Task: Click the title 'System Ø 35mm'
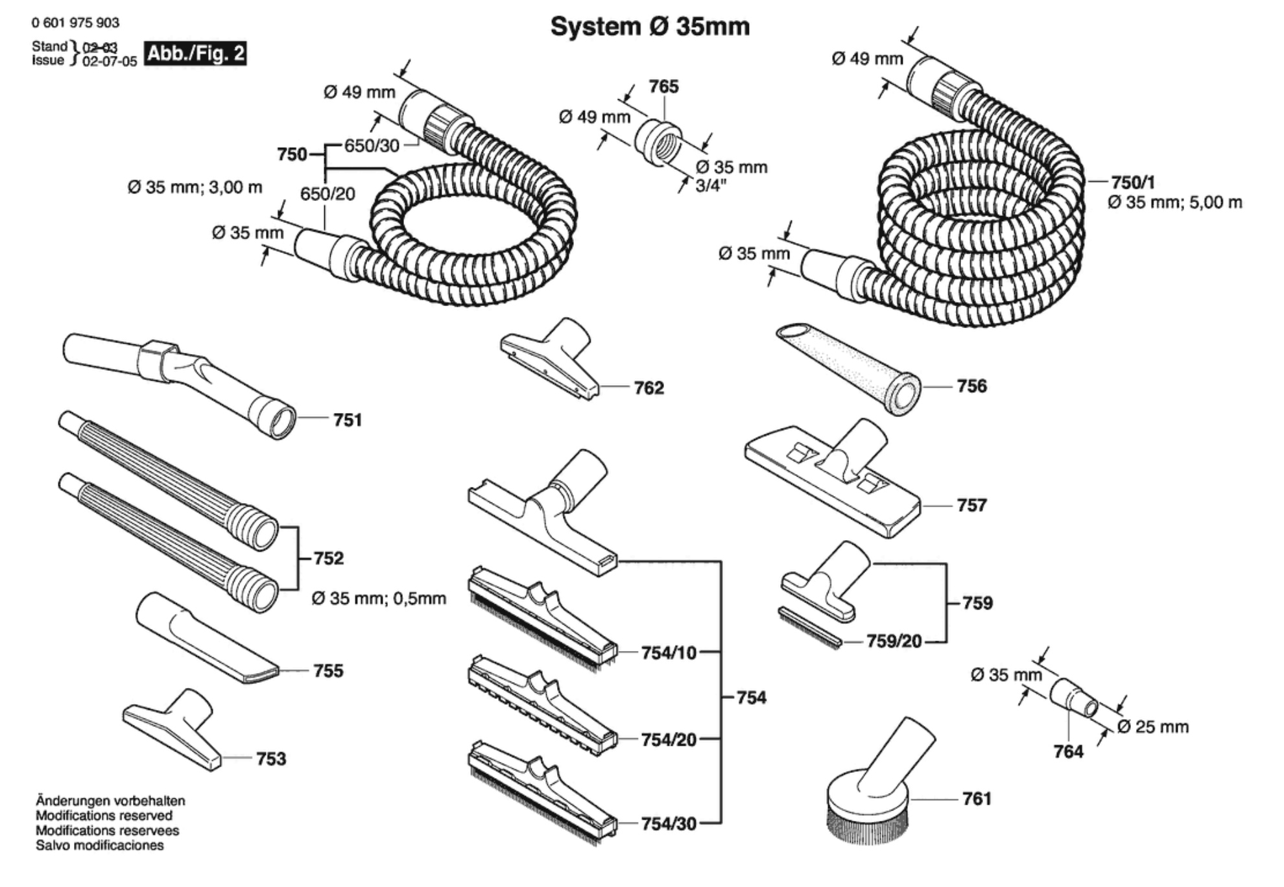click(x=650, y=27)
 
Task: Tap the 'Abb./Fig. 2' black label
click(x=196, y=53)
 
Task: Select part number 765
click(x=663, y=86)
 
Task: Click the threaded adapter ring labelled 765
click(x=658, y=141)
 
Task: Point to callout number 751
click(x=348, y=420)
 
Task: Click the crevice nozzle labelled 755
click(x=206, y=638)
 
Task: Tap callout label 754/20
click(x=669, y=739)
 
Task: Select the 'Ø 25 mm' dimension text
click(x=1154, y=727)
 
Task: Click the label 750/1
click(x=1134, y=182)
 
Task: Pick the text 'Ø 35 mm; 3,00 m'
click(x=195, y=187)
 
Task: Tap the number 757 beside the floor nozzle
click(x=971, y=505)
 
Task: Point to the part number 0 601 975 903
click(x=75, y=23)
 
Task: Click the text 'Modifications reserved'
click(x=104, y=816)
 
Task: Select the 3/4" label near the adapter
click(x=711, y=185)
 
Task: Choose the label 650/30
click(x=372, y=146)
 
